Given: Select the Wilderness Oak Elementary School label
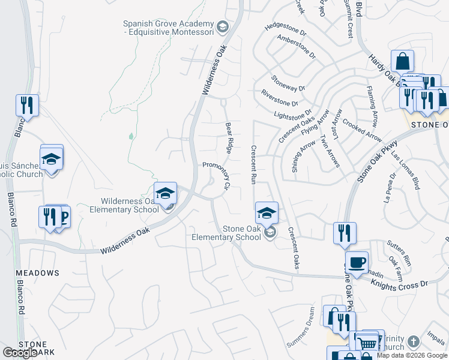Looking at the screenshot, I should [x=124, y=205].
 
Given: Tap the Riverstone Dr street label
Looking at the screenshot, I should [x=279, y=98].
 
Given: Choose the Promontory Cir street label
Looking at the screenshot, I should [x=217, y=175].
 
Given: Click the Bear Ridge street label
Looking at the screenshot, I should [x=229, y=136].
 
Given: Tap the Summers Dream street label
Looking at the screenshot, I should [x=300, y=327].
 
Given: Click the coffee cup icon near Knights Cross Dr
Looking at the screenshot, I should [x=357, y=262].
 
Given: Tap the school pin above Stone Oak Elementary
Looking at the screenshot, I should [x=267, y=212].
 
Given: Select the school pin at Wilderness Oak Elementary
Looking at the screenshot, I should [x=165, y=193].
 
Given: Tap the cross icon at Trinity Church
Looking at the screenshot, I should [x=412, y=341].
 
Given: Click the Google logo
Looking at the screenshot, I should [x=20, y=353].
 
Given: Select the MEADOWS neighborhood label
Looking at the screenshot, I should [x=37, y=273].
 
